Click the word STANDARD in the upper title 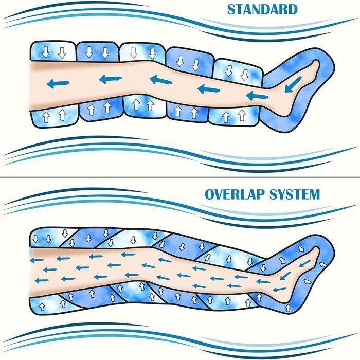coord(262,10)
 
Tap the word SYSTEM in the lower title coord(295,194)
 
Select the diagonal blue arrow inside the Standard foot coord(293,84)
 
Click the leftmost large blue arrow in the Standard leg coord(58,83)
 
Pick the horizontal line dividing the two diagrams coord(180,177)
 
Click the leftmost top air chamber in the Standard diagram coord(53,51)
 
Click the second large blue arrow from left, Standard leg coord(111,79)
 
